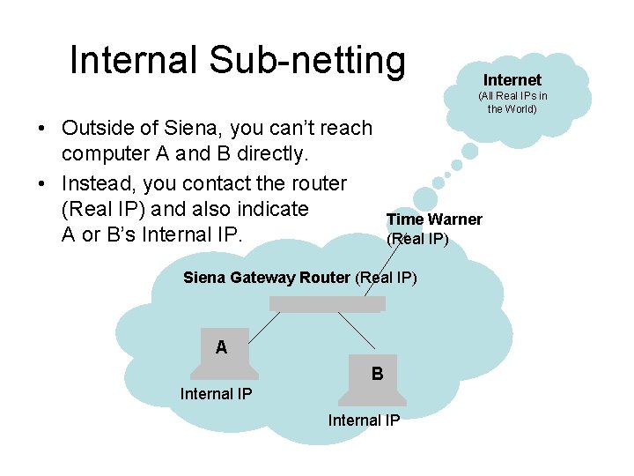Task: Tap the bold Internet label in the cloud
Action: (x=512, y=80)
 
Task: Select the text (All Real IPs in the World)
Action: (x=512, y=101)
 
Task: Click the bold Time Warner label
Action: (x=434, y=219)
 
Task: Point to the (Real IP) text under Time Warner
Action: (x=417, y=238)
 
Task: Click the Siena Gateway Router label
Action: (x=266, y=278)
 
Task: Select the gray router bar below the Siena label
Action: (x=327, y=304)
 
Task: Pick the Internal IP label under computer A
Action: (x=216, y=394)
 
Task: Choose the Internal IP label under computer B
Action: (x=364, y=420)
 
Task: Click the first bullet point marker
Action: (x=42, y=129)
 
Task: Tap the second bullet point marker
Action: (x=42, y=184)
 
